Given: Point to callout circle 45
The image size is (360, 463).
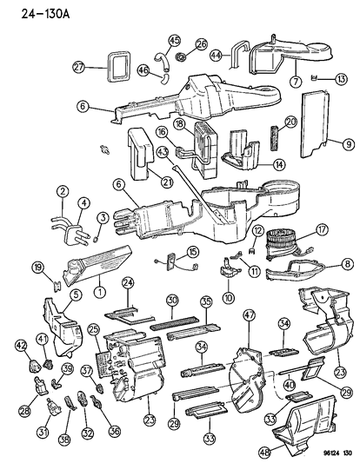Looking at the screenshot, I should tap(174, 41).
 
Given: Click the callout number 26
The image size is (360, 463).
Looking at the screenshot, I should tap(203, 43).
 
